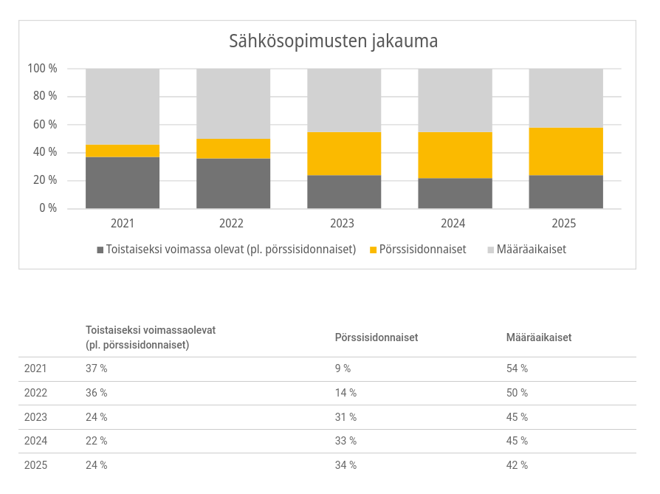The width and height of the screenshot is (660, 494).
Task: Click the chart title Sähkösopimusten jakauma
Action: pos(334,41)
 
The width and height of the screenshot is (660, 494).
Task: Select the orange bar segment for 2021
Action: pos(123,151)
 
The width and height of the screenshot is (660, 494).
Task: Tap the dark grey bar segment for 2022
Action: pos(233,183)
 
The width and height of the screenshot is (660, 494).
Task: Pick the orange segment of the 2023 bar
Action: pos(344,154)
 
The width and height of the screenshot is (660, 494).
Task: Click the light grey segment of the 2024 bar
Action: pos(455,100)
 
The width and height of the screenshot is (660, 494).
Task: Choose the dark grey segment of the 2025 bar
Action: pos(566,192)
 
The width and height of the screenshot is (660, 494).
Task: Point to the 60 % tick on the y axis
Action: pos(45,124)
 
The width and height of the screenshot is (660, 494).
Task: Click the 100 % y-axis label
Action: pos(42,68)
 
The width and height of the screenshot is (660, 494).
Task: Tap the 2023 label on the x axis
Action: pos(343,223)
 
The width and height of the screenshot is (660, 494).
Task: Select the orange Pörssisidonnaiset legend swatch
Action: pos(373,250)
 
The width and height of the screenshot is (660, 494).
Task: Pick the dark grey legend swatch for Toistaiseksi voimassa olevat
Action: pos(100,250)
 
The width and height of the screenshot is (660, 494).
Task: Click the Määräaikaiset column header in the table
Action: pos(539,337)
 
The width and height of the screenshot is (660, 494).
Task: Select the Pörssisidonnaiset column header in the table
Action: pos(377,337)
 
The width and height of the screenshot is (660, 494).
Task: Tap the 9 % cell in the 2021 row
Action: pos(343,368)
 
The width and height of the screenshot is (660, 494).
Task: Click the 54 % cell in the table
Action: pos(517,368)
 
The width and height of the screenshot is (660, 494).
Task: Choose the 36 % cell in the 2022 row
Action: pos(97,393)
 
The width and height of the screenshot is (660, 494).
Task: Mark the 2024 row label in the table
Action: pos(35,441)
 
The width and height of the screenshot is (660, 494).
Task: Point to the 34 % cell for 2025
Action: pos(346,465)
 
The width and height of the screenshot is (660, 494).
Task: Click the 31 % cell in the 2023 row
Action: pos(346,417)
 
